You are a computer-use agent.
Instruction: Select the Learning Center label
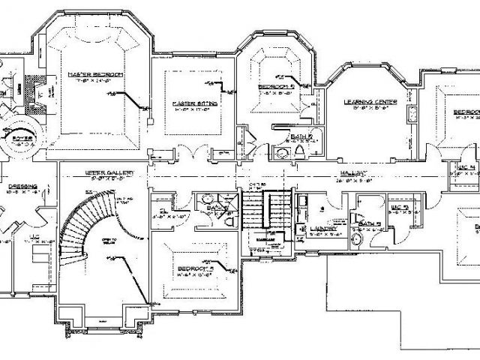pos(364,100)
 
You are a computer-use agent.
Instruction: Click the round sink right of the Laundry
pos(355,238)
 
